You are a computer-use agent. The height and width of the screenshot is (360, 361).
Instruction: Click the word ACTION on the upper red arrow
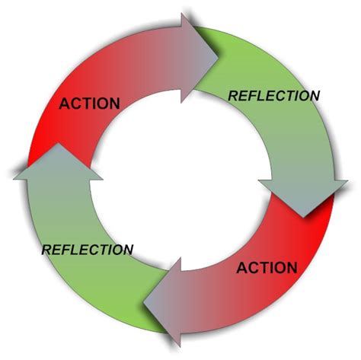[x=89, y=104]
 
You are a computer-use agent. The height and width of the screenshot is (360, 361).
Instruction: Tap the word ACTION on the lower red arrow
[x=267, y=267]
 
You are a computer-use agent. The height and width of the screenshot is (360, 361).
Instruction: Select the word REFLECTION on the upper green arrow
[x=274, y=96]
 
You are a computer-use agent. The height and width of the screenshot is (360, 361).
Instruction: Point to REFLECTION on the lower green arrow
[x=88, y=250]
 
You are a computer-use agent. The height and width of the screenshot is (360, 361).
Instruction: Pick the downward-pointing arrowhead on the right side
[x=303, y=197]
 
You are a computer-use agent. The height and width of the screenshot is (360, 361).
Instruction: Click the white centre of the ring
[x=180, y=180]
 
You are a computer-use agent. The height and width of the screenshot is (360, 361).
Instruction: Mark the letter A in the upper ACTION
[x=65, y=104]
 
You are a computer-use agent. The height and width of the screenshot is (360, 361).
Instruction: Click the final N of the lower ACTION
[x=292, y=267]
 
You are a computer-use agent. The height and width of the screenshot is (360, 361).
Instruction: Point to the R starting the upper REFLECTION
[x=233, y=96]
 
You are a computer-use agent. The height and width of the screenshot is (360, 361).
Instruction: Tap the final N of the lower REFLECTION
[x=127, y=250]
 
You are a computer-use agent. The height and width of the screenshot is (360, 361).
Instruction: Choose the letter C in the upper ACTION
[x=76, y=104]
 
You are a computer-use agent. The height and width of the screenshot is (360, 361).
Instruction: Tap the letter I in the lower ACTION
[x=271, y=267]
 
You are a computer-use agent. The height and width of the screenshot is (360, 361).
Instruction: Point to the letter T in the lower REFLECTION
[x=103, y=250]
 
